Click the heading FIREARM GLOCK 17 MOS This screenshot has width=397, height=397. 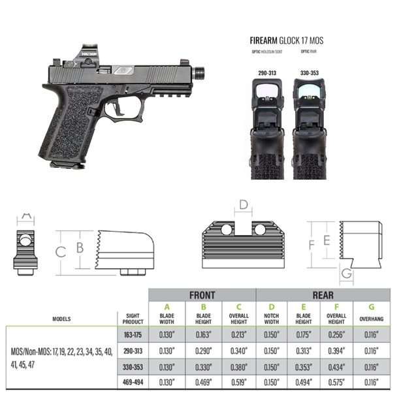(286, 40)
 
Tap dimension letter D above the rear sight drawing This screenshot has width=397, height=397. (243, 205)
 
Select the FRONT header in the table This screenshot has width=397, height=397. (202, 295)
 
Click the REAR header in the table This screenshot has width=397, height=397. (323, 295)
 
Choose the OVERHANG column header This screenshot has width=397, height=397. (372, 319)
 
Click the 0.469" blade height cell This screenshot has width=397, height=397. (202, 381)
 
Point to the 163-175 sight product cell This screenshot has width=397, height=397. (131, 335)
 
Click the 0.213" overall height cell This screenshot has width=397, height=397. (238, 335)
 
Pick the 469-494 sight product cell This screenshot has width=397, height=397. (131, 381)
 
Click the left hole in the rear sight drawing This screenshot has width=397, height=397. (227, 230)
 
